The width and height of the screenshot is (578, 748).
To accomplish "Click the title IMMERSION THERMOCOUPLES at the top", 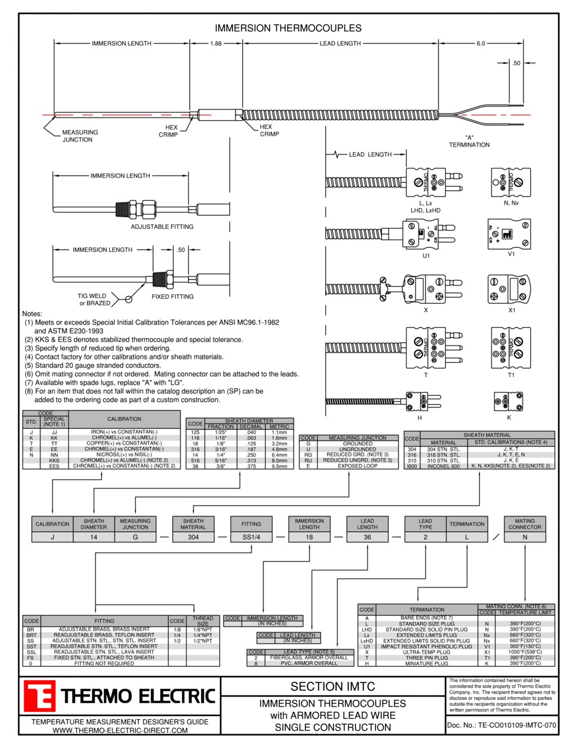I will click(288, 28).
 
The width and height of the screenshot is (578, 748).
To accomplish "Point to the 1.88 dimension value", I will click(216, 43).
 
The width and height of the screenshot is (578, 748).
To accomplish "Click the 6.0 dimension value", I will click(480, 43).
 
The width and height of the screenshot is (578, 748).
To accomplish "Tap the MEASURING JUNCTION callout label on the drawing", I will click(80, 136).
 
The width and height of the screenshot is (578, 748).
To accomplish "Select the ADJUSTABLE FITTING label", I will click(162, 227).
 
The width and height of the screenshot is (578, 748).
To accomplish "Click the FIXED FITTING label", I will click(172, 296).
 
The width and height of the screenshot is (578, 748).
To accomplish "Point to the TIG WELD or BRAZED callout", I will click(94, 299).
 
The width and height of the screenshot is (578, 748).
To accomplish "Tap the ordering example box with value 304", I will click(193, 537).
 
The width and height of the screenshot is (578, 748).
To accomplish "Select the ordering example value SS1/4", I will click(251, 537).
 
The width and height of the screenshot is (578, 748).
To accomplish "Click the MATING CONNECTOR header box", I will click(524, 524).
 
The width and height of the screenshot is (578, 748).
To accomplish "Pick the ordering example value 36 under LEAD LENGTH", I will click(367, 537).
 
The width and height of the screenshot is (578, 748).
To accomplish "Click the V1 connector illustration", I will click(510, 234).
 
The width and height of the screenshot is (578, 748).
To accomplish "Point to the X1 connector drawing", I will click(510, 289).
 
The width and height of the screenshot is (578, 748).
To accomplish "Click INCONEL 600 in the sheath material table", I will click(443, 466).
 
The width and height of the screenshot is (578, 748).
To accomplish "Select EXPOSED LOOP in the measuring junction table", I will click(357, 466).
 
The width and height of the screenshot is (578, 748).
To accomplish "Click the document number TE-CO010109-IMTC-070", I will click(501, 725).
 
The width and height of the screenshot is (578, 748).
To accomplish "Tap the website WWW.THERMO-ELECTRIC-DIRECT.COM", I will click(120, 730).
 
